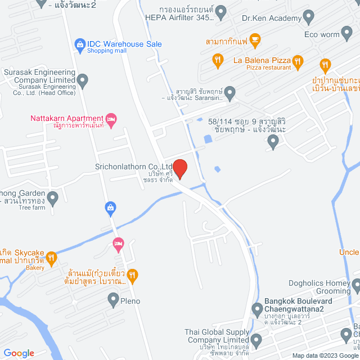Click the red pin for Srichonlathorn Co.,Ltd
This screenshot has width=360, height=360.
tap(180, 169)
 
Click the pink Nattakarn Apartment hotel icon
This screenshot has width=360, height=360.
tap(111, 119)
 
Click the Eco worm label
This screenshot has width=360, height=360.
tap(321, 34)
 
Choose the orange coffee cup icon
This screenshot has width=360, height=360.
tap(256, 39)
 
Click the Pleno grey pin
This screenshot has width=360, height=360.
tap(110, 301)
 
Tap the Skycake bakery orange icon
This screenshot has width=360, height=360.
tap(51, 258)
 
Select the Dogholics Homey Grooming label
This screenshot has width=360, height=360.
tap(318, 287)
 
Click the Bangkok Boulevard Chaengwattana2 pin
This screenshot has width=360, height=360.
tap(256, 309)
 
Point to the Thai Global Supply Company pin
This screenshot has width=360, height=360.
tap(256, 339)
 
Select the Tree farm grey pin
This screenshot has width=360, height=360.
tap(52, 197)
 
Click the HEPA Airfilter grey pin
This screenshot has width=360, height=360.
tap(221, 11)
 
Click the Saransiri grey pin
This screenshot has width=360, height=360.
tap(230, 92)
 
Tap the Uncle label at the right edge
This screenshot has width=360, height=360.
tap(349, 252)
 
